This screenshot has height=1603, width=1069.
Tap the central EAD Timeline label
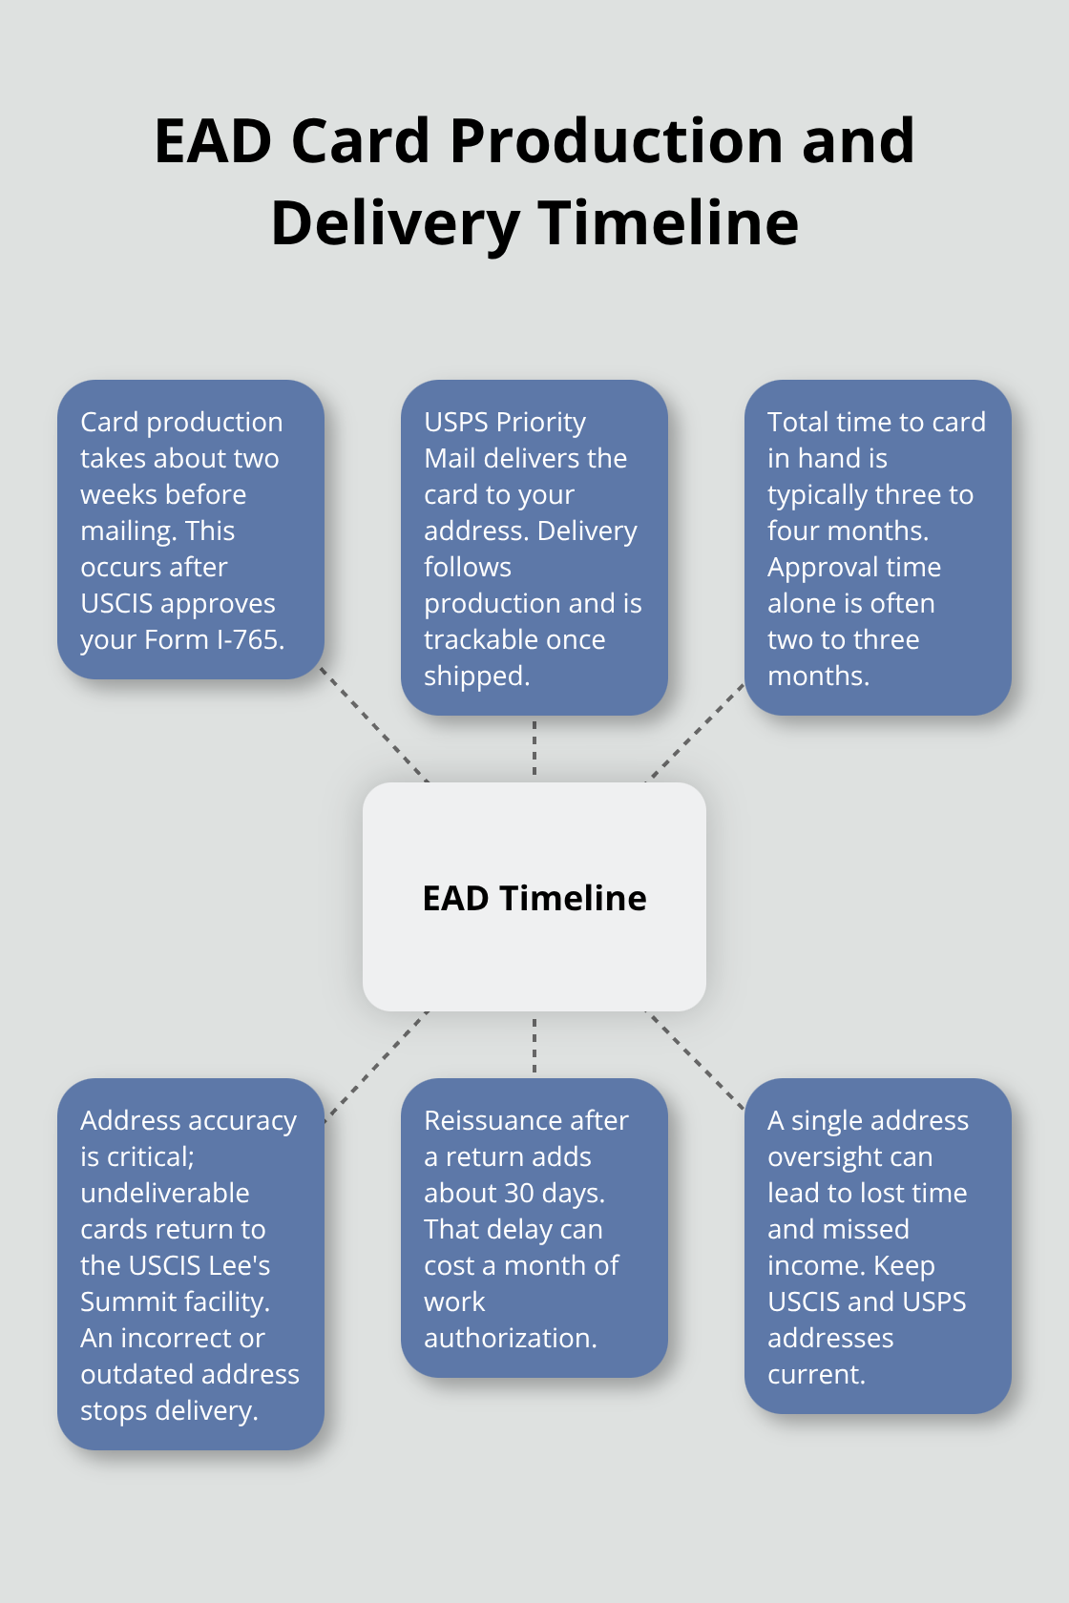coord(534,898)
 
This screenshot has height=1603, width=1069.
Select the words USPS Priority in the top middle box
coord(505,422)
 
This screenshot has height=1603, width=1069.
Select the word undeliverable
coord(164,1193)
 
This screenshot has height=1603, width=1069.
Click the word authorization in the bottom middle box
coord(510,1339)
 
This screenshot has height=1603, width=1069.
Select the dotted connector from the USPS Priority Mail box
coord(534,748)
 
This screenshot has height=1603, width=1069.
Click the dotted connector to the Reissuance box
coord(534,1044)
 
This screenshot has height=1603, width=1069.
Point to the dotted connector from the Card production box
coord(374,725)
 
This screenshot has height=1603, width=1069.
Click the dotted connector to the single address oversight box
coord(695,1059)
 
